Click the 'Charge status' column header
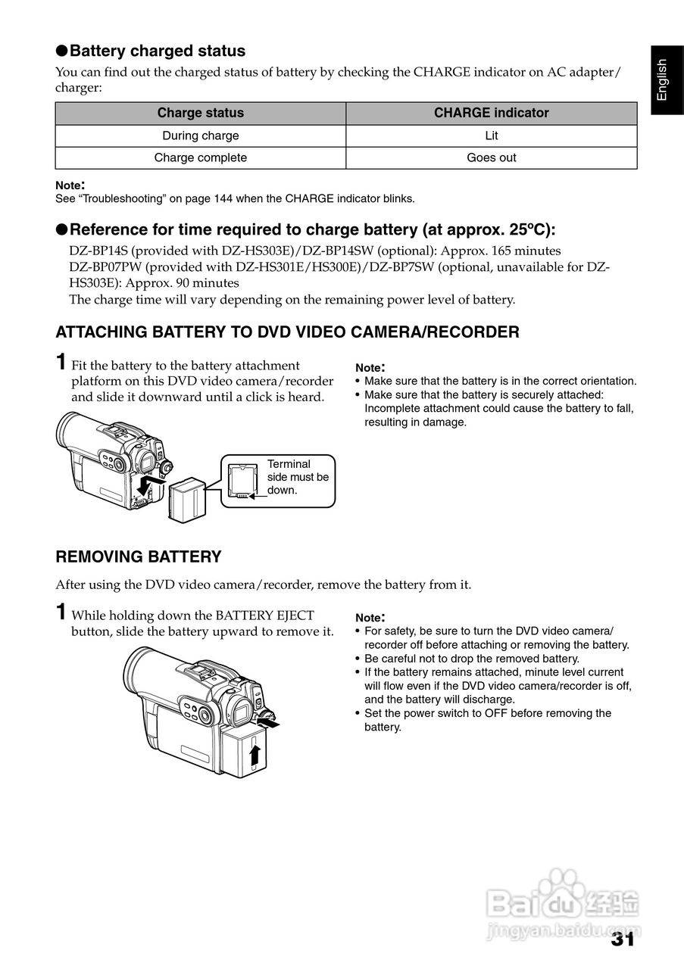coord(201,114)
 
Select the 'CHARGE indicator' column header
coord(491,114)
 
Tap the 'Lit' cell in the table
coord(491,136)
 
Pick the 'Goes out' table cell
coord(491,158)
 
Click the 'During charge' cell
coord(201,136)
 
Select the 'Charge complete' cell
coord(201,158)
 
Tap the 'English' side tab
coord(662,79)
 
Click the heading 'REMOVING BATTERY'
coord(139,557)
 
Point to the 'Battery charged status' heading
coord(158,51)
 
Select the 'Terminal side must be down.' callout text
coord(298,477)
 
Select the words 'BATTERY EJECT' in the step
coord(264,615)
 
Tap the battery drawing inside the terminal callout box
coord(242,481)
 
